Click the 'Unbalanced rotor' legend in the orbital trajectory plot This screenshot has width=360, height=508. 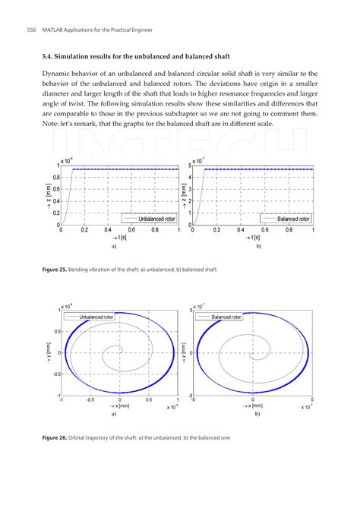point(96,316)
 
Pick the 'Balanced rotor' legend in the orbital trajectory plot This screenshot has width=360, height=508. point(226,316)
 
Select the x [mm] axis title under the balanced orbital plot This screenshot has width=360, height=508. point(253,407)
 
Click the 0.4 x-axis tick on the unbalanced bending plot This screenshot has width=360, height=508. point(108,230)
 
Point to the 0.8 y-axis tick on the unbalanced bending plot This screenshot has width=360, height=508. point(55,178)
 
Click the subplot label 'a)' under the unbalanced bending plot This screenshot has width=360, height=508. point(113,247)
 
